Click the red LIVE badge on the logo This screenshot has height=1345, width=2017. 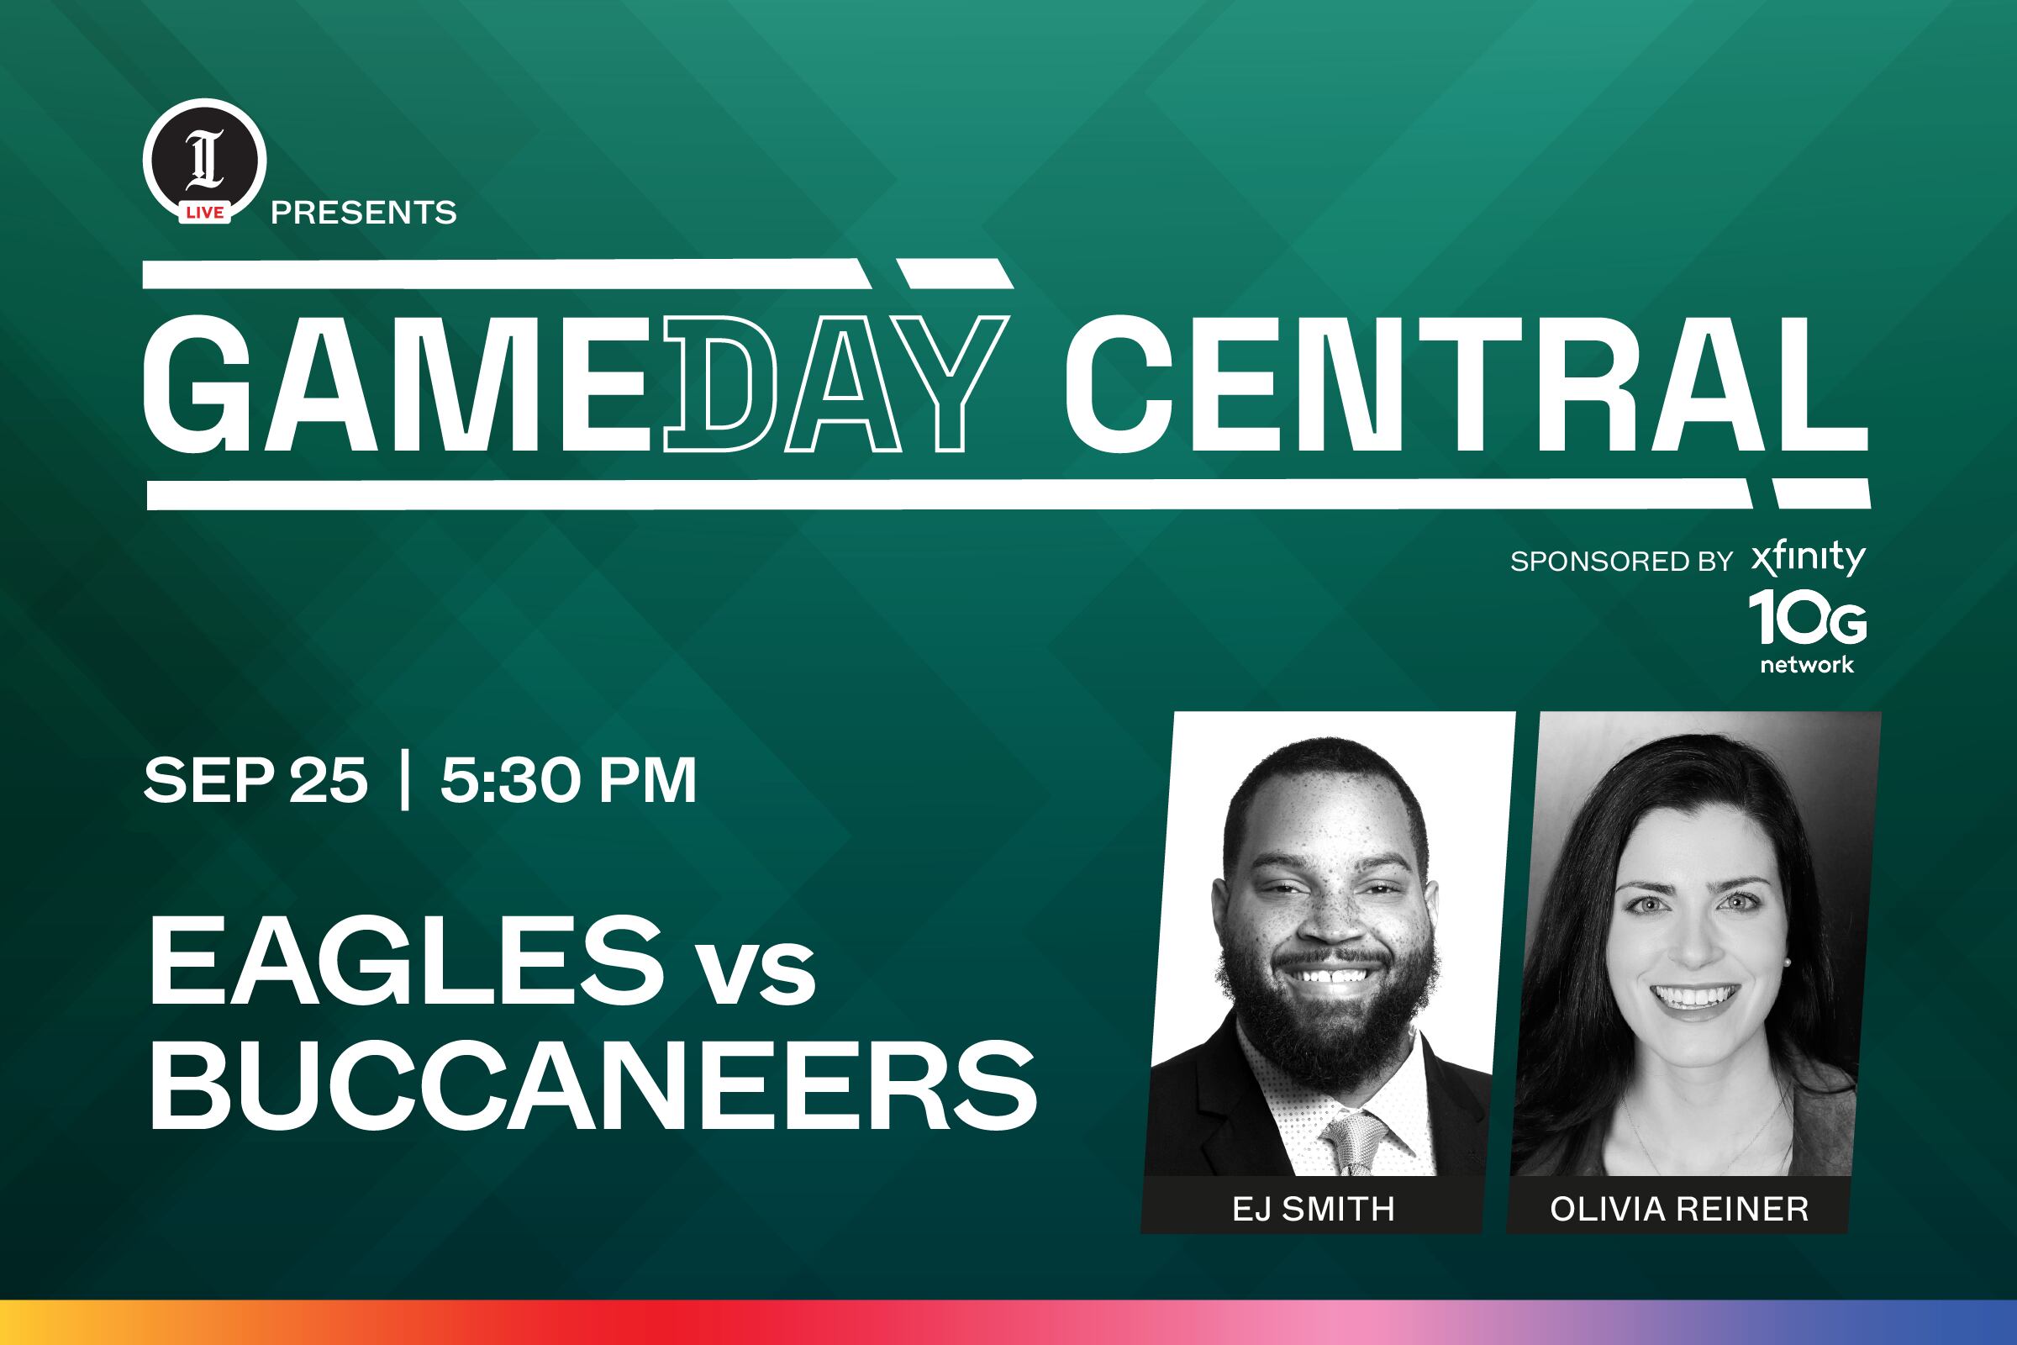tap(205, 212)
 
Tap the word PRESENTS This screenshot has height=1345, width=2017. tap(364, 213)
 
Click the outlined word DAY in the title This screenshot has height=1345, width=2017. tap(835, 383)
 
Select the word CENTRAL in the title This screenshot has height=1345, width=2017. tap(1466, 383)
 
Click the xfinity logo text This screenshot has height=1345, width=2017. tap(1808, 558)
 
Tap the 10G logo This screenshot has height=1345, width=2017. tap(1808, 618)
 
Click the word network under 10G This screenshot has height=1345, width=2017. tap(1807, 665)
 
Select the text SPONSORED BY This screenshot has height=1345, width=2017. tap(1622, 561)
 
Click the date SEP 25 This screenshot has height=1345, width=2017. tap(255, 781)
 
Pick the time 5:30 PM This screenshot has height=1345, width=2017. tap(569, 781)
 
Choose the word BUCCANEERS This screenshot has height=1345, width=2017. tap(593, 1086)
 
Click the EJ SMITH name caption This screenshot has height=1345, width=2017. tap(1313, 1210)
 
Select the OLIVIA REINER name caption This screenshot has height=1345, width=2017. tap(1679, 1210)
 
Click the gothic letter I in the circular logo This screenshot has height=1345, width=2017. tap(206, 159)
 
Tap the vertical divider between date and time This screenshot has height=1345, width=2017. tap(405, 780)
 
